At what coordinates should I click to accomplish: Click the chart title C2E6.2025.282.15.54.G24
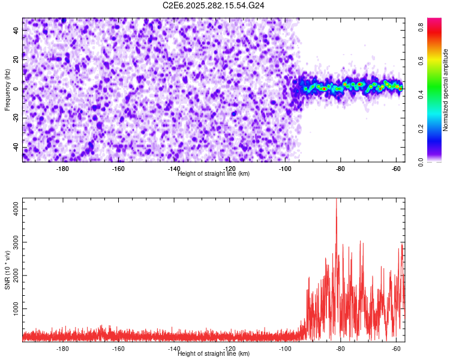[x=214, y=5]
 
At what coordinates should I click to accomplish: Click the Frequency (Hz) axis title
[x=7, y=89]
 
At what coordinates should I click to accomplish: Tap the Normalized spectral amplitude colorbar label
[x=446, y=90]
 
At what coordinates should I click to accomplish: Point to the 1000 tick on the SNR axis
[x=13, y=308]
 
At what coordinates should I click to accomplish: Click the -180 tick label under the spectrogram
[x=62, y=169]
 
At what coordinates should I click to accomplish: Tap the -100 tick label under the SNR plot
[x=285, y=349]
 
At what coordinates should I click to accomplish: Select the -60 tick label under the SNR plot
[x=396, y=349]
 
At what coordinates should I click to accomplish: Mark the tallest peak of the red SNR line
[x=337, y=199]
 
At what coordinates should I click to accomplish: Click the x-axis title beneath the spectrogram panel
[x=214, y=174]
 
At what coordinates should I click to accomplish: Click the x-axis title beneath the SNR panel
[x=214, y=354]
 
